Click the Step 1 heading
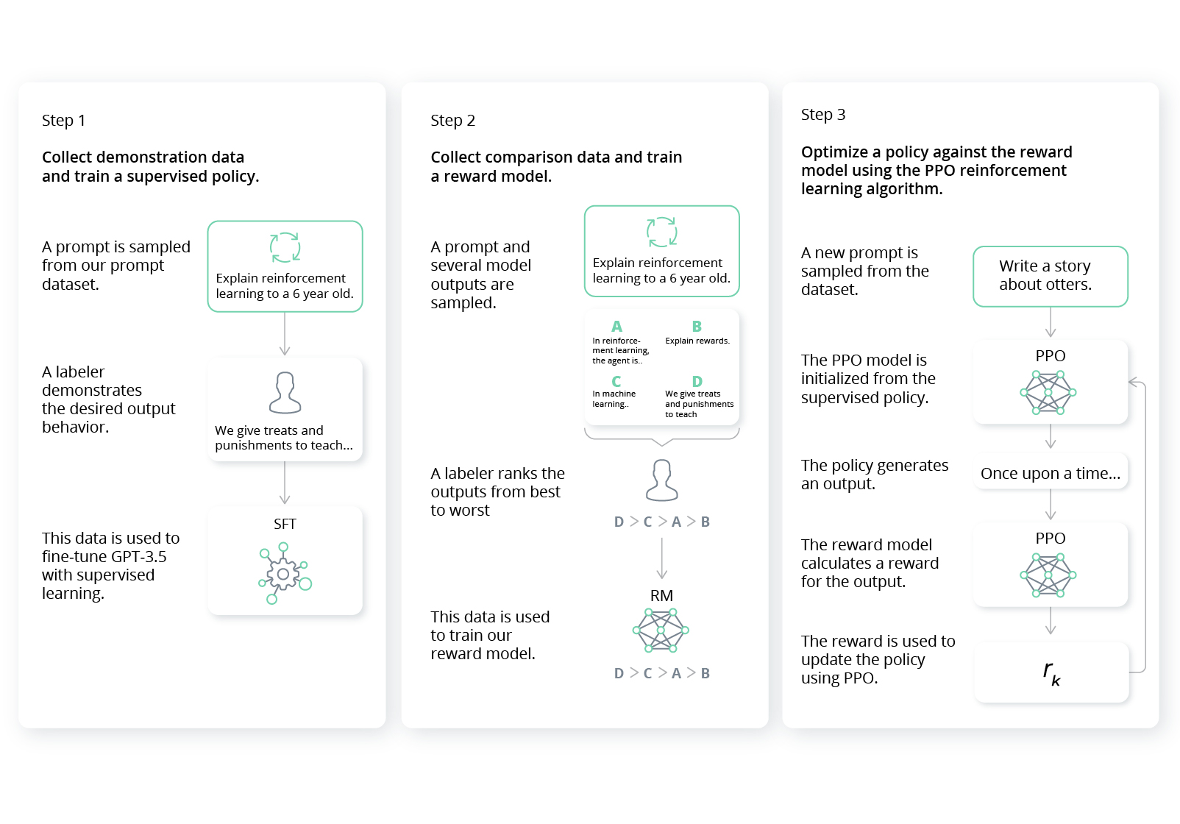[x=63, y=120]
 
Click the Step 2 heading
[x=452, y=120]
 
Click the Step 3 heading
[x=822, y=114]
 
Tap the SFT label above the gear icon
[x=285, y=524]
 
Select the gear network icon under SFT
[x=284, y=574]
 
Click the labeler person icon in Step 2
[x=661, y=480]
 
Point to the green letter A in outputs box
[x=616, y=326]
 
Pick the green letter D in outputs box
[x=697, y=381]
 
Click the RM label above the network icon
[x=661, y=595]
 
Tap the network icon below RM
[x=661, y=631]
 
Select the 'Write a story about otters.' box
[x=1050, y=276]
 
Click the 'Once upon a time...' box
[x=1050, y=473]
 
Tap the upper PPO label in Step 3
[x=1050, y=355]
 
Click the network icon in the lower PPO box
[x=1048, y=575]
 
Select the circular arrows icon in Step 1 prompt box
[x=285, y=247]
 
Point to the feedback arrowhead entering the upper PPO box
[x=1133, y=382]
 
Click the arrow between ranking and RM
[x=661, y=558]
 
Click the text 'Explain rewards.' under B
[x=697, y=341]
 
